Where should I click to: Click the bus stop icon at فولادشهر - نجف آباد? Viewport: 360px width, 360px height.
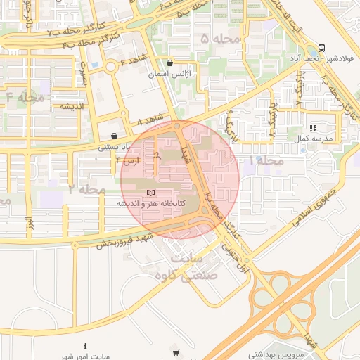[x=321, y=48]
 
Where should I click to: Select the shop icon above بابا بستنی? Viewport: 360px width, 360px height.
[x=114, y=136]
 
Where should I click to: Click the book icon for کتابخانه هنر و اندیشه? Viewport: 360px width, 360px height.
[x=149, y=192]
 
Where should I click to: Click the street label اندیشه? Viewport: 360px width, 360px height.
[x=72, y=106]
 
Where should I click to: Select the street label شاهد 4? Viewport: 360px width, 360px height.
[x=150, y=118]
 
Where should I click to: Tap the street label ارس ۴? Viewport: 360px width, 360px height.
[x=129, y=161]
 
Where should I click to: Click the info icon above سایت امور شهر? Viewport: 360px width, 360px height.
[x=85, y=346]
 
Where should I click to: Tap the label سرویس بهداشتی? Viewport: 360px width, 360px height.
[x=278, y=355]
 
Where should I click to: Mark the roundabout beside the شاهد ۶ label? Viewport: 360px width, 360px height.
[x=110, y=67]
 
